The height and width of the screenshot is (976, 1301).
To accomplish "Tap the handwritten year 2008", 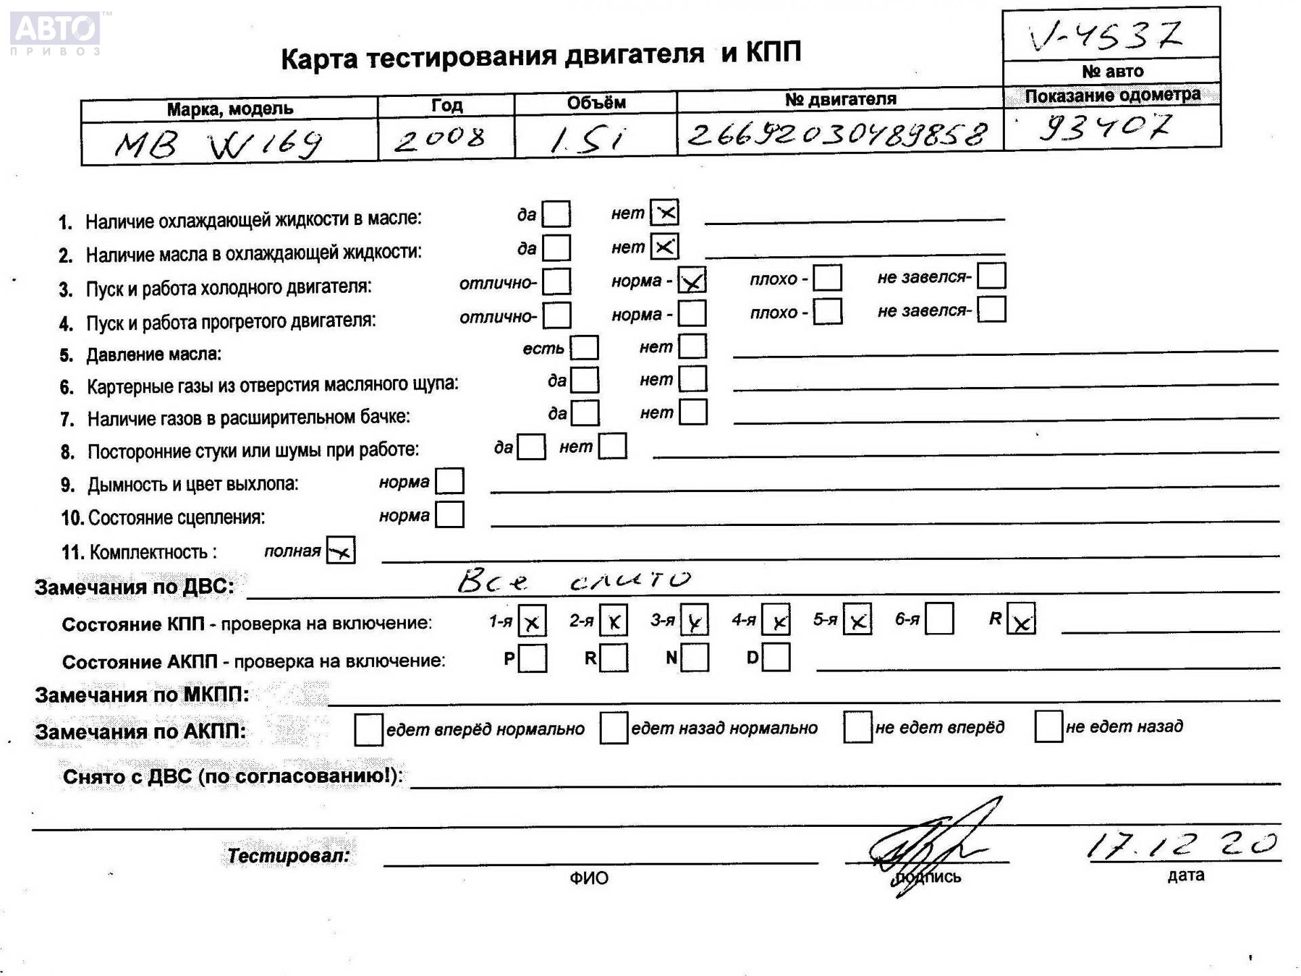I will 440,139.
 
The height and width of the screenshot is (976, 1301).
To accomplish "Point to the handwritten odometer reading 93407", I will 1105,126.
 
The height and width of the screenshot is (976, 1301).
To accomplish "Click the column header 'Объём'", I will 596,103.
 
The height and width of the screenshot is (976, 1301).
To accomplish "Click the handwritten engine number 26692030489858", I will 838,134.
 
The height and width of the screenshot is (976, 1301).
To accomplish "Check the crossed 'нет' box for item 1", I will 664,213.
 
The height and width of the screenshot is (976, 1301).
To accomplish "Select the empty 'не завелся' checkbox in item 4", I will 991,310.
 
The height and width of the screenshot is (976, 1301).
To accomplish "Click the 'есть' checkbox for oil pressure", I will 584,348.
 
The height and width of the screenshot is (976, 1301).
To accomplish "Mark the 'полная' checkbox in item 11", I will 340,550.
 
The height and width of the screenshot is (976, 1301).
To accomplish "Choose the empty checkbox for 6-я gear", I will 939,619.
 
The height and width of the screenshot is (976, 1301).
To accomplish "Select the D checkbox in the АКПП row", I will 776,657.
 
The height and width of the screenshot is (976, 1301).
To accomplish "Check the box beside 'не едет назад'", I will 1048,727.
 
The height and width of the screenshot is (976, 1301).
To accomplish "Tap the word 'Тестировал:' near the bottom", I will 288,855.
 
